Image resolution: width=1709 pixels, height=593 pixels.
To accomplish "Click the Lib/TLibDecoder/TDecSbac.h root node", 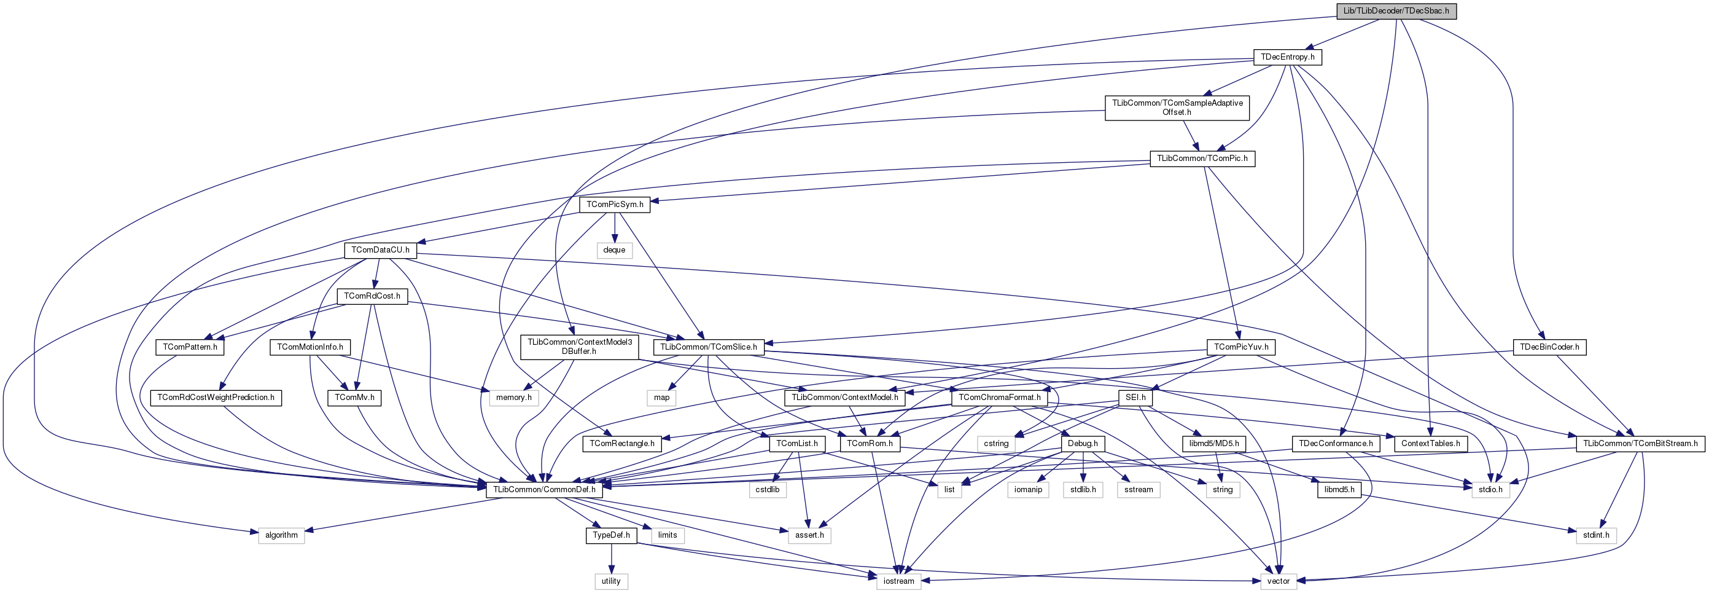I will coord(1396,10).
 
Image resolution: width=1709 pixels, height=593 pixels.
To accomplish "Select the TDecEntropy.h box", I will coord(1288,57).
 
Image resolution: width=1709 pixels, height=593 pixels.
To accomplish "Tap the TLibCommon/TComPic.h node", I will coord(1202,159).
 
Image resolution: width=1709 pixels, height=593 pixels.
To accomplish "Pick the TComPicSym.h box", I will coord(614,205).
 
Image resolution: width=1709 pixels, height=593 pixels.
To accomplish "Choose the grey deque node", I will coord(614,250).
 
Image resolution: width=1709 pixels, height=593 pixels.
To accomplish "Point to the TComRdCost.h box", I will coord(372,296).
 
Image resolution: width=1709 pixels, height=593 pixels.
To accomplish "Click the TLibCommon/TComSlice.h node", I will coord(709,347).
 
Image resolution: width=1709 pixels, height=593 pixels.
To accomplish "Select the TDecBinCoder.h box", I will coord(1549,347).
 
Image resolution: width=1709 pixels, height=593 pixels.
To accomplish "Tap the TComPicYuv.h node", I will coord(1240,347).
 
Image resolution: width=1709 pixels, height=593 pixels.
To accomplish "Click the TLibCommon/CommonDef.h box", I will coord(544,489).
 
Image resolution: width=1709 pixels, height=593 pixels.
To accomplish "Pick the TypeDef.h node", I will coord(611,535).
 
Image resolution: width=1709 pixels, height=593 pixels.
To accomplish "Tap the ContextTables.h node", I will coord(1430,444).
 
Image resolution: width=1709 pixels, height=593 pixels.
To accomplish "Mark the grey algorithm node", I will coord(281,535).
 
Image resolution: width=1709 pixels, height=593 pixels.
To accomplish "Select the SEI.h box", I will coord(1135,398).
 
